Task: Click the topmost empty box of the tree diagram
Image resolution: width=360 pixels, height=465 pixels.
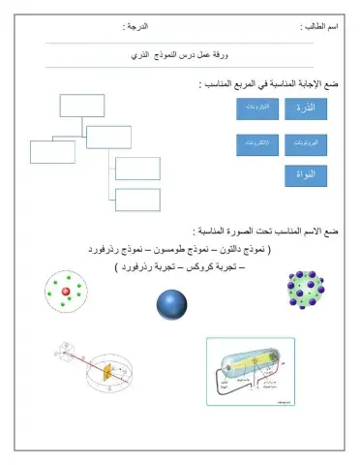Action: (x=80, y=106)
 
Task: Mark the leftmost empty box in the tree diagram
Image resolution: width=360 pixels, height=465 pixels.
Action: (x=52, y=152)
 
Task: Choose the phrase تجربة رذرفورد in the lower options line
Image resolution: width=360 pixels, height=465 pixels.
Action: (x=150, y=263)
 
